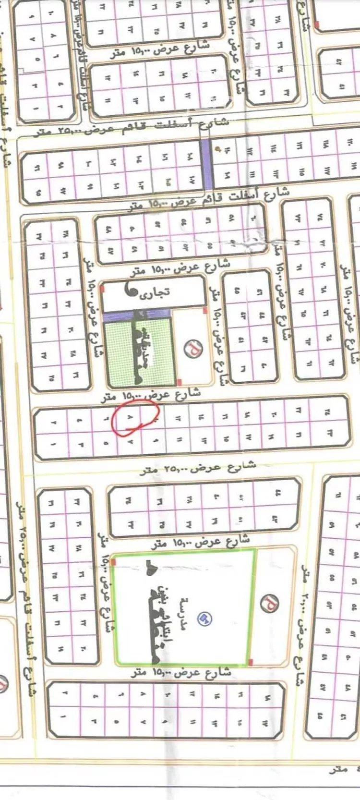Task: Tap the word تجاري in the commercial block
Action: pos(155,294)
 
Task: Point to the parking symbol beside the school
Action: pos(270,603)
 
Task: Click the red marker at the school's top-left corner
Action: pos(114,561)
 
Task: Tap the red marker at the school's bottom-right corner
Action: pos(251,663)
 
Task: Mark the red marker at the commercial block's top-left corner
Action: pos(102,289)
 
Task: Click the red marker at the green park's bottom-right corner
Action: pos(179,382)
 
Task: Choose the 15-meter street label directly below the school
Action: pos(181,673)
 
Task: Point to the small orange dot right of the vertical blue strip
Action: pos(219,149)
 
